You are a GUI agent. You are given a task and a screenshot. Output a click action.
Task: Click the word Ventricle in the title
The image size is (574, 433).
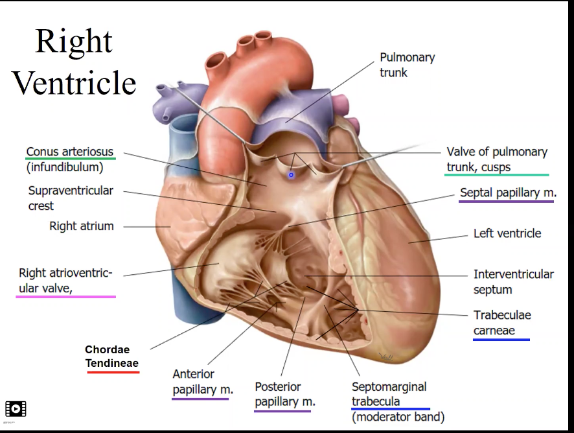[x=75, y=82]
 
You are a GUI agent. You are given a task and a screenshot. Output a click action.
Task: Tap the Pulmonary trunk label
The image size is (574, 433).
[x=407, y=65]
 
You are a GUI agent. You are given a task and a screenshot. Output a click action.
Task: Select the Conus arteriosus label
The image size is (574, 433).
[x=71, y=152]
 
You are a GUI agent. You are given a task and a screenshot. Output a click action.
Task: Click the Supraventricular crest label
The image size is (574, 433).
[x=71, y=198]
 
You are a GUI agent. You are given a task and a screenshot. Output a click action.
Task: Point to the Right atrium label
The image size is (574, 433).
[x=82, y=226]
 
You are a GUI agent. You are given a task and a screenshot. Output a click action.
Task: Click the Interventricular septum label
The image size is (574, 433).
[x=513, y=282]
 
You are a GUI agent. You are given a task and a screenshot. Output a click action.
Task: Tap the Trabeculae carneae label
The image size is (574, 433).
[x=501, y=323]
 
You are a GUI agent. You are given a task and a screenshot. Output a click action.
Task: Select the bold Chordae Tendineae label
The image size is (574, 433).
[x=112, y=357]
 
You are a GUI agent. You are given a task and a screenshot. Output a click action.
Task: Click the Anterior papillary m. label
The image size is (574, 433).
[x=203, y=382]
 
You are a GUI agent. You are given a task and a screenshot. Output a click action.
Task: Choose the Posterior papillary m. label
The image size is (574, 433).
[x=284, y=394]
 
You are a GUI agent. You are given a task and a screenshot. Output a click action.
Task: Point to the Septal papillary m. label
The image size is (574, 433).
[x=508, y=193]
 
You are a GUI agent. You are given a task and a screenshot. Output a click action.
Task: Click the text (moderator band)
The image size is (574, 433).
[x=398, y=417]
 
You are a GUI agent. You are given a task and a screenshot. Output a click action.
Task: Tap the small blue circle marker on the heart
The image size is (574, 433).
[x=292, y=174]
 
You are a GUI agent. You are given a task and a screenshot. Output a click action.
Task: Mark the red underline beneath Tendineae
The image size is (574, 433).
[x=112, y=372]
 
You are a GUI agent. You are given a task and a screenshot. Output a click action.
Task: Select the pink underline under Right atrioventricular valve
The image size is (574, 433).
[x=65, y=296]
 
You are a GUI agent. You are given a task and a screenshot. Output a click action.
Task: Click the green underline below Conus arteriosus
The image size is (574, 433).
[x=71, y=158]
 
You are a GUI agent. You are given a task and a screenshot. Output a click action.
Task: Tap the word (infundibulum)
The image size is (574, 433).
[x=65, y=167]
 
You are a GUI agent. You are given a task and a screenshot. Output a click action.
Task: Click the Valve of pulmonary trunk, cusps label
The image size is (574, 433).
[x=497, y=159]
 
